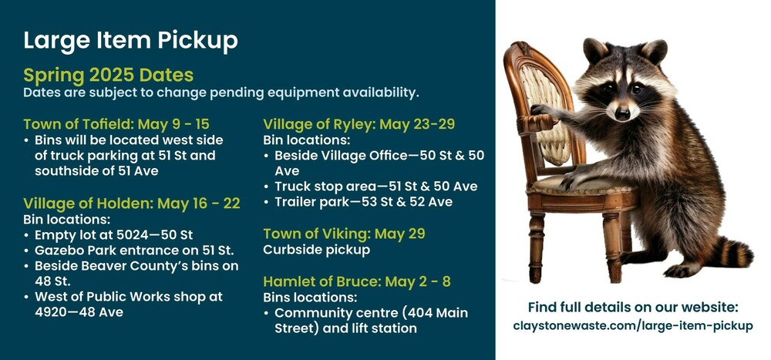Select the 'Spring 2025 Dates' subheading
point(108,76)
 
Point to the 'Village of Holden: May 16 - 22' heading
point(131,203)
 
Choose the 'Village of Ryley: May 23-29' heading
point(359,124)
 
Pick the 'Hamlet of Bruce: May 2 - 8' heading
point(357,281)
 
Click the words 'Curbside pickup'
point(317,250)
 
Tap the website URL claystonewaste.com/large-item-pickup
point(633,325)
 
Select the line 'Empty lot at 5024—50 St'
point(113,234)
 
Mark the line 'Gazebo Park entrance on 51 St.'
point(134,251)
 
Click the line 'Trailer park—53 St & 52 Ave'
point(363,202)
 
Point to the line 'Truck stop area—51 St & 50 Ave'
point(375,187)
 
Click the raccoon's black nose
point(622,114)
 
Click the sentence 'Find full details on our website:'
point(633,308)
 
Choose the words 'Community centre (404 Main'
point(372,313)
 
